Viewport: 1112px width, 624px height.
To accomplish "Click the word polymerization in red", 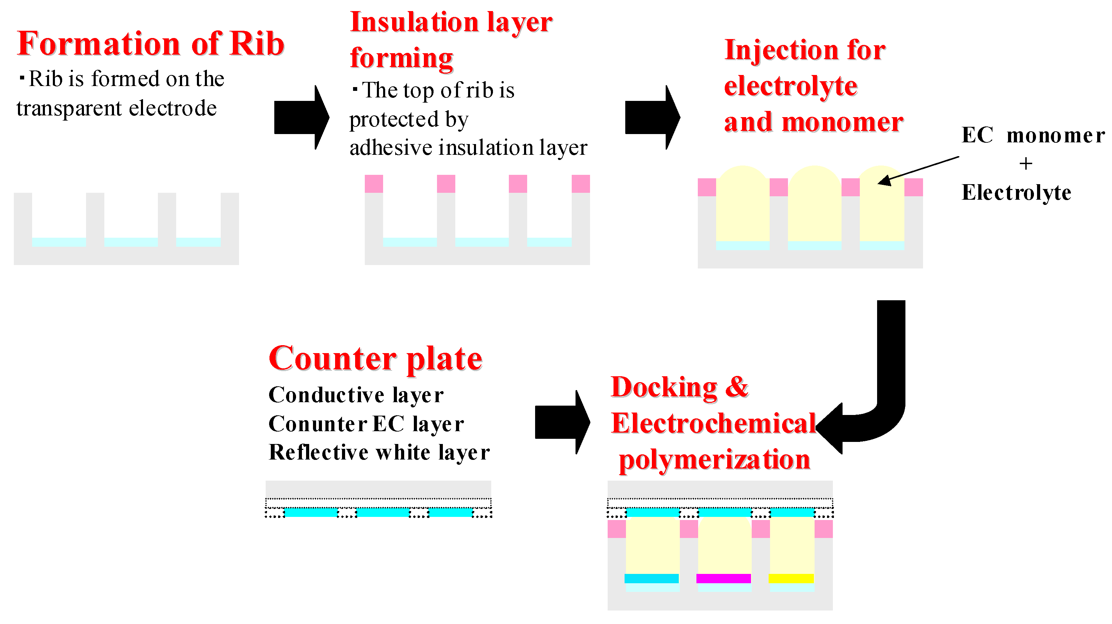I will [714, 460].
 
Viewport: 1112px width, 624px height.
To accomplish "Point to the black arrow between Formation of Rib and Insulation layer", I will [301, 117].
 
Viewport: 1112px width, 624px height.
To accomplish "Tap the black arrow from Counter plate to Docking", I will [561, 422].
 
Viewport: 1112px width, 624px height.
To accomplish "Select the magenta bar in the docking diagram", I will [723, 578].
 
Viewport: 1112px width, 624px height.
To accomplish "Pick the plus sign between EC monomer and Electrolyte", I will [1025, 164].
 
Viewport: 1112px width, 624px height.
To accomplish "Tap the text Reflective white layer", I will [379, 453].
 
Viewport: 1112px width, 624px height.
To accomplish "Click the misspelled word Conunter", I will [317, 424].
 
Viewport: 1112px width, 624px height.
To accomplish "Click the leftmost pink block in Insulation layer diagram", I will [373, 183].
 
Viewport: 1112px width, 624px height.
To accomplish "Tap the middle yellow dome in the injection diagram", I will [814, 203].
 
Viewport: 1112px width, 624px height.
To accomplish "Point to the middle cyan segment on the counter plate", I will [382, 513].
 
